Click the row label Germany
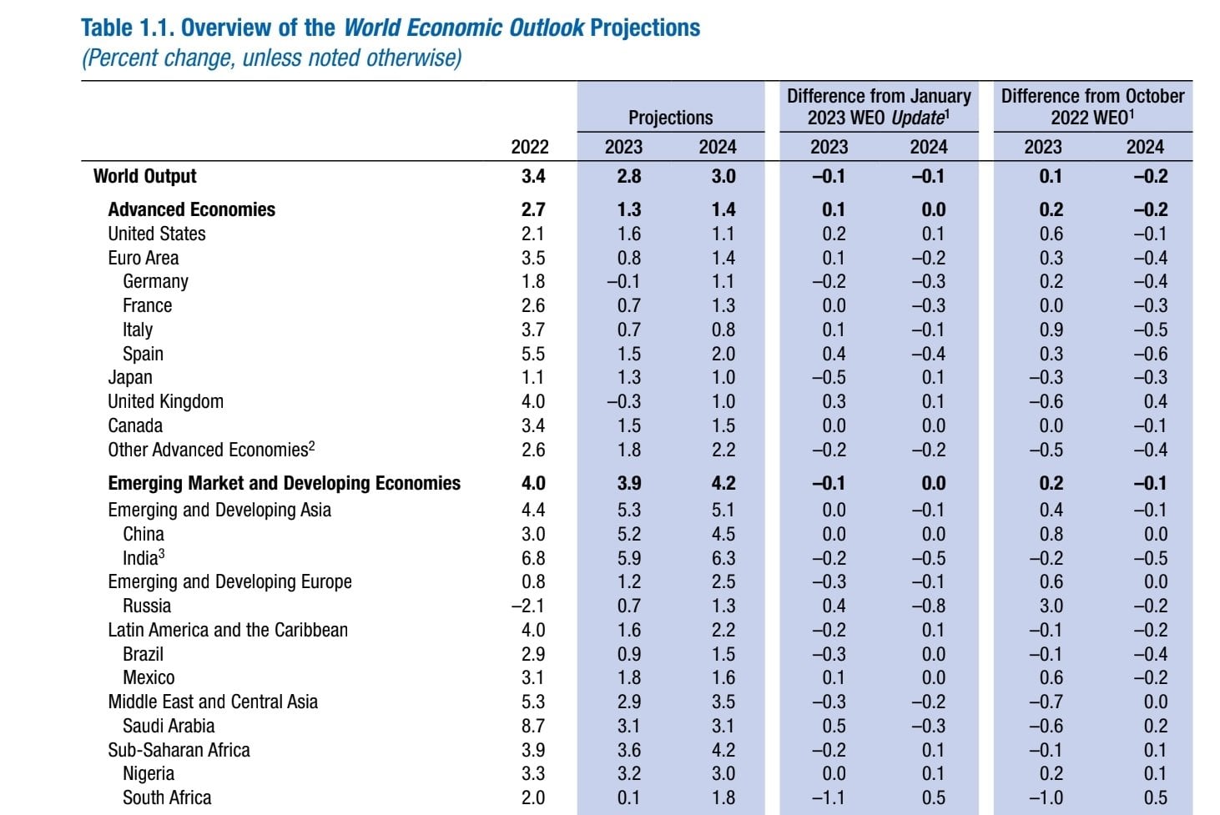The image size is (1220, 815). click(x=155, y=282)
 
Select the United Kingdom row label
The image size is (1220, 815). click(x=165, y=402)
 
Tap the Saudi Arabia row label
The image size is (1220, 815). click(x=168, y=727)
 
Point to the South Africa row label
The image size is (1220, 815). click(x=166, y=798)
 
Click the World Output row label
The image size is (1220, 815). click(x=144, y=177)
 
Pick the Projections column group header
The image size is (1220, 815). click(x=670, y=118)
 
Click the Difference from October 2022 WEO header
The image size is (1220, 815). click(x=1092, y=107)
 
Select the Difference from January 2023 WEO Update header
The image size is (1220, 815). click(x=879, y=107)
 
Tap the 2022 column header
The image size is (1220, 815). click(x=530, y=147)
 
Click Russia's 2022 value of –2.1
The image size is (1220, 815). click(x=528, y=606)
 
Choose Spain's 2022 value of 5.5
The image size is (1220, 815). click(x=533, y=354)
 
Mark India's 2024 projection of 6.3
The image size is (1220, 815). click(x=723, y=558)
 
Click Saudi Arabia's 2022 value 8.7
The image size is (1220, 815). click(x=533, y=727)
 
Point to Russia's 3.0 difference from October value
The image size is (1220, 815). click(x=1051, y=606)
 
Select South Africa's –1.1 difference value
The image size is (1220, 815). click(x=829, y=798)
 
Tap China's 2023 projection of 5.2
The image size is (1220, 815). click(x=629, y=534)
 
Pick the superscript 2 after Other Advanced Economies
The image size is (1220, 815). click(x=312, y=445)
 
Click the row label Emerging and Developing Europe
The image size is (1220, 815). click(x=229, y=582)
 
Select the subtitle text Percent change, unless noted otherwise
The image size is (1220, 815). click(x=271, y=58)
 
